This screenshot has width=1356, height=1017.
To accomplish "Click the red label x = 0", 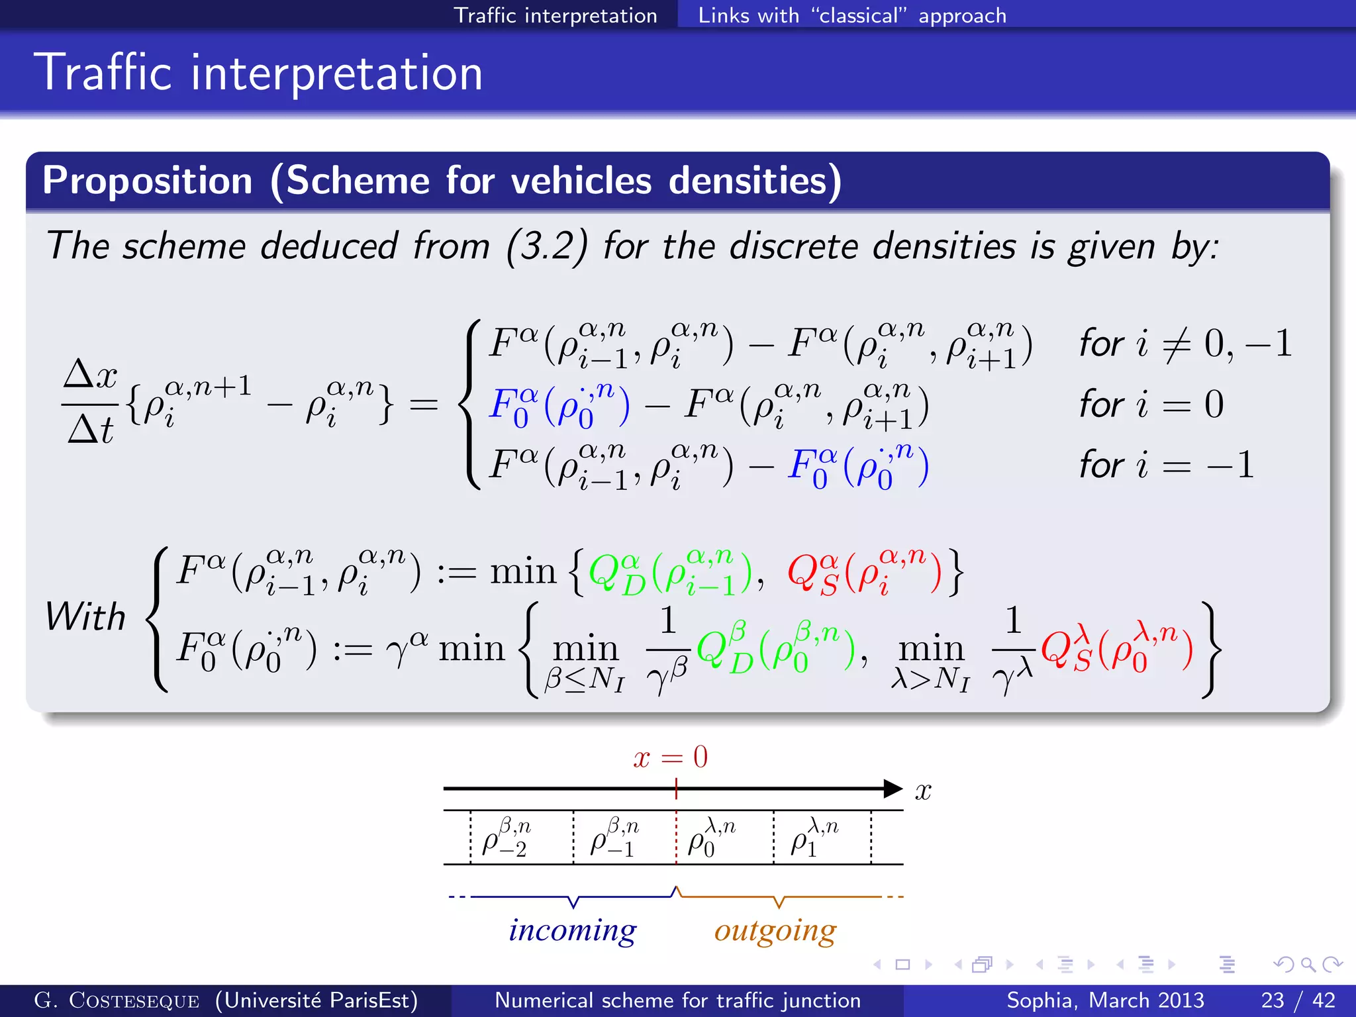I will tap(670, 757).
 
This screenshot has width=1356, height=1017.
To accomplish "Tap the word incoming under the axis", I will tap(572, 930).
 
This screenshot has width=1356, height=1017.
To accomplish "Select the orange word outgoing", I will tap(775, 931).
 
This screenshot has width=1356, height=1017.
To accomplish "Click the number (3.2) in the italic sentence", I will tap(546, 246).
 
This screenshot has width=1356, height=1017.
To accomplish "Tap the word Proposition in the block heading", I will tap(148, 181).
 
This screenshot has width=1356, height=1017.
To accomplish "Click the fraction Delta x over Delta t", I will tap(91, 401).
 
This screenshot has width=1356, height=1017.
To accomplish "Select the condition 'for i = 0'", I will tap(1151, 404).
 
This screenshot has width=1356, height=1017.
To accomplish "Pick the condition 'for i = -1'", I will tap(1166, 465).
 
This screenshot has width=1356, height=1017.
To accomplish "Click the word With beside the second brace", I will tap(85, 617).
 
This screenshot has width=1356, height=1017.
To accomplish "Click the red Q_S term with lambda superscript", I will tap(1116, 648).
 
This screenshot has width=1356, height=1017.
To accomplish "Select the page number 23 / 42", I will tap(1297, 1000).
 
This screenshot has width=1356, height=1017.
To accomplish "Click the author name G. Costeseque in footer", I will tap(117, 1000).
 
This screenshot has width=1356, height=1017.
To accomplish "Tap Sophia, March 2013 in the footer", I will tap(1104, 1000).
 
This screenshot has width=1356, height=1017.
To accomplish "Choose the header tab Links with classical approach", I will tap(851, 15).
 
